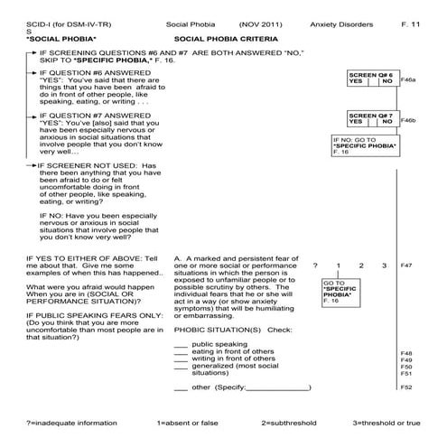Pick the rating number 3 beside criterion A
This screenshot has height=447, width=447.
(385, 265)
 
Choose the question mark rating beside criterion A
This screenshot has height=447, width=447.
(315, 265)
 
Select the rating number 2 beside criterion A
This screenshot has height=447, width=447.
(361, 265)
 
